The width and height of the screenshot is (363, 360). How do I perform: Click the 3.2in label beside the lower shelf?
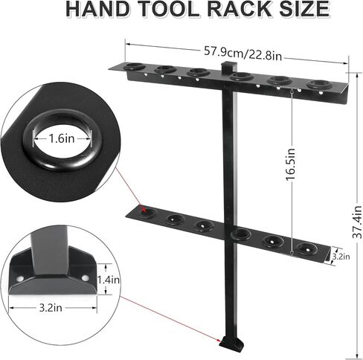pos(340,256)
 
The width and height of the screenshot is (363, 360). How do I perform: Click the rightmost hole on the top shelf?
pos(318,85)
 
